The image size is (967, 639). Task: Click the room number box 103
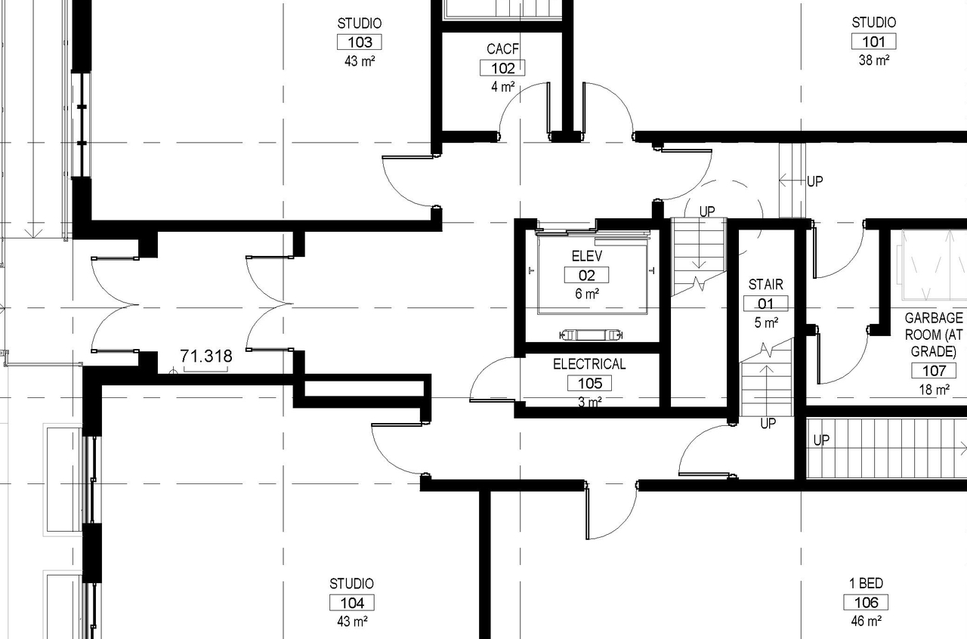click(x=360, y=42)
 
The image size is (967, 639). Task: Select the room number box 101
click(x=873, y=42)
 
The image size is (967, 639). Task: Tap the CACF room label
click(x=502, y=50)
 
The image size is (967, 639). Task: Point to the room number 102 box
click(x=502, y=68)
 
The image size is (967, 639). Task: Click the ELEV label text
click(x=586, y=257)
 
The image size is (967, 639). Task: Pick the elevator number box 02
click(x=586, y=276)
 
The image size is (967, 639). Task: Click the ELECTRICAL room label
click(x=589, y=364)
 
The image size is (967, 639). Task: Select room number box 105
click(x=589, y=383)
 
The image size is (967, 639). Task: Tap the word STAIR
click(x=766, y=285)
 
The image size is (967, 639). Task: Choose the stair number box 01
click(x=766, y=304)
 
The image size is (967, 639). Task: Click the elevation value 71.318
click(x=205, y=356)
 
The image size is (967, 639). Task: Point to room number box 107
click(x=935, y=371)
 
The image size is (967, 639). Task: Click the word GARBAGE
click(x=935, y=318)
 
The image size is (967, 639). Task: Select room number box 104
click(x=352, y=603)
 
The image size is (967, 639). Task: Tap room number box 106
click(x=866, y=603)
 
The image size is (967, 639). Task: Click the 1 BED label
click(x=866, y=584)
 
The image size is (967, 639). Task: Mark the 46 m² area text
click(x=866, y=622)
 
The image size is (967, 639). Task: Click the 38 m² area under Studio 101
click(x=873, y=60)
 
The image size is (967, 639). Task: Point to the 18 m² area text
click(x=935, y=390)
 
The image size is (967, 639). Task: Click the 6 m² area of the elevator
click(x=586, y=294)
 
